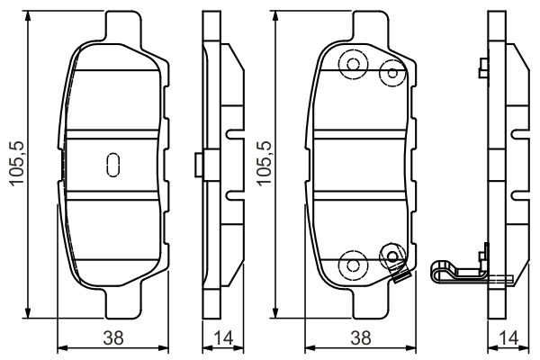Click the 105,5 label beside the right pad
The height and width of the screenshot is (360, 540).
click(264, 163)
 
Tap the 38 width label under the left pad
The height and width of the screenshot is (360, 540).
click(114, 338)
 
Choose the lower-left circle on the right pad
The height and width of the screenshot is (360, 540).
click(350, 264)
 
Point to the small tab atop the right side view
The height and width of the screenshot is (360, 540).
click(484, 66)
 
